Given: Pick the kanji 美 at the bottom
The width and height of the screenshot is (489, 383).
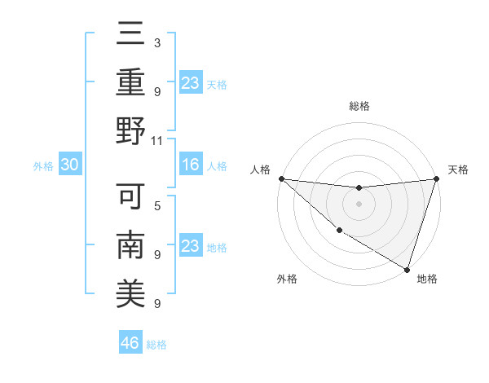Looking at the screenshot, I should point(130,293).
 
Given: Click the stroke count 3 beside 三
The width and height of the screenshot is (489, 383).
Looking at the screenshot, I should point(157,42).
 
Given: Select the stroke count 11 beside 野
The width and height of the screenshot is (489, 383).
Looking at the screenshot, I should point(157,140).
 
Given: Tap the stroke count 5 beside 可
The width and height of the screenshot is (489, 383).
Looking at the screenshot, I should point(157,205).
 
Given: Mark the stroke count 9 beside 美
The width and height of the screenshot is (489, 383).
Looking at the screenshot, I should point(157,303).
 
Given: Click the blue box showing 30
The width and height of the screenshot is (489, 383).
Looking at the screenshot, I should point(69,165).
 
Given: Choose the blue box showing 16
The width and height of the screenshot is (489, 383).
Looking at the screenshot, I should point(190,165).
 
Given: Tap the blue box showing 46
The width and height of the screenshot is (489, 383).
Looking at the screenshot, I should point(130,344).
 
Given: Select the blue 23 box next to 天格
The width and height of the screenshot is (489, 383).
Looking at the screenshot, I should point(190,83).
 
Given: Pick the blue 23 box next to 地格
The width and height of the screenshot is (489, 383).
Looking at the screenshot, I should point(190,246).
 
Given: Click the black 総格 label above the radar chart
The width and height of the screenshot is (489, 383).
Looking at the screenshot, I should point(359,106).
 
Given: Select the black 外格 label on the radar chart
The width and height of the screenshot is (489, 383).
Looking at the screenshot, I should point(287,279).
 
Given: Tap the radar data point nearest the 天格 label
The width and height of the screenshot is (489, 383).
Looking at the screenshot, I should point(437,178).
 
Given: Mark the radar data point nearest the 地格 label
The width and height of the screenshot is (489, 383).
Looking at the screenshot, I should point(407,270).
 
